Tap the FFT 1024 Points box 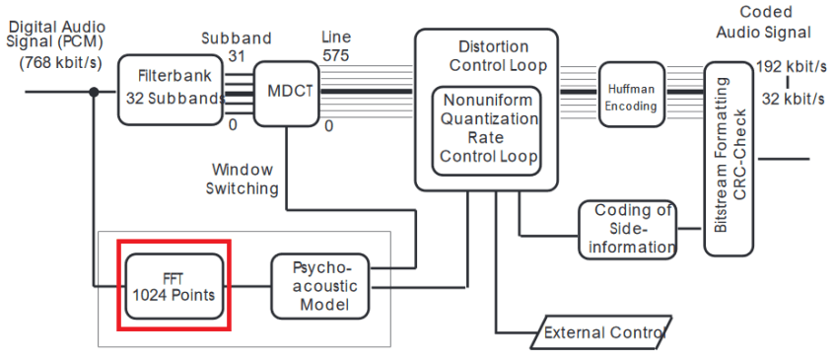click(174, 285)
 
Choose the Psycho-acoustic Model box click(318, 286)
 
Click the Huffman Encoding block click(631, 94)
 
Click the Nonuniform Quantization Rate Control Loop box click(489, 128)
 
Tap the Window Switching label click(244, 179)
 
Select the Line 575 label click(335, 46)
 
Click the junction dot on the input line click(95, 92)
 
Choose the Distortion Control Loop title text click(494, 56)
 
